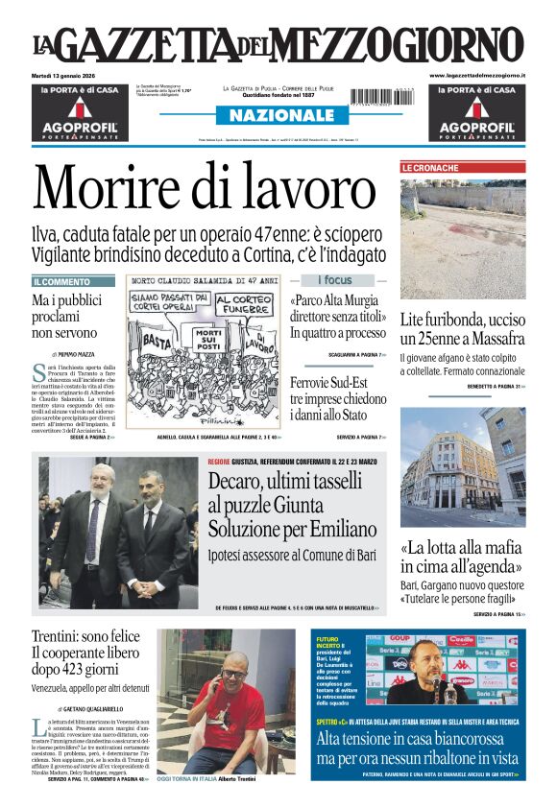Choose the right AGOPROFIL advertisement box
pyautogui.click(x=476, y=112)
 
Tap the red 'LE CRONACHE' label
pyautogui.click(x=430, y=168)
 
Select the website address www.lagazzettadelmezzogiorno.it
pyautogui.click(x=476, y=75)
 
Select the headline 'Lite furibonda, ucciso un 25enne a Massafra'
pyautogui.click(x=462, y=328)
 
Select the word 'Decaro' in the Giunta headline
pyautogui.click(x=242, y=485)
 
